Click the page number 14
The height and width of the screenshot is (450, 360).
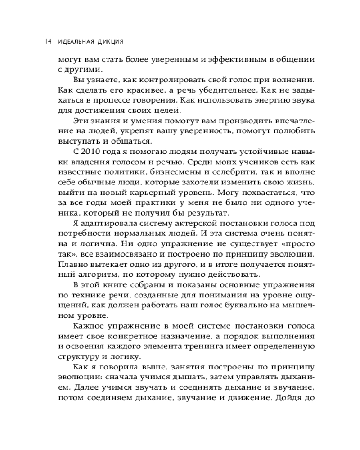(48, 42)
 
